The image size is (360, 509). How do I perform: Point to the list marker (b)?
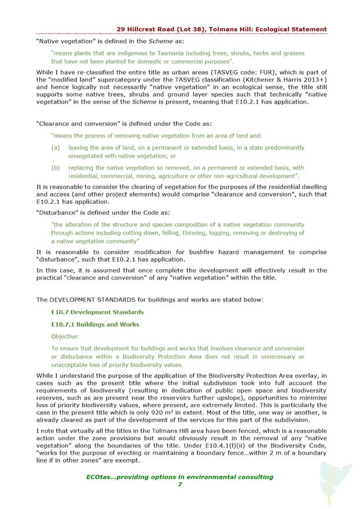click(x=56, y=168)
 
